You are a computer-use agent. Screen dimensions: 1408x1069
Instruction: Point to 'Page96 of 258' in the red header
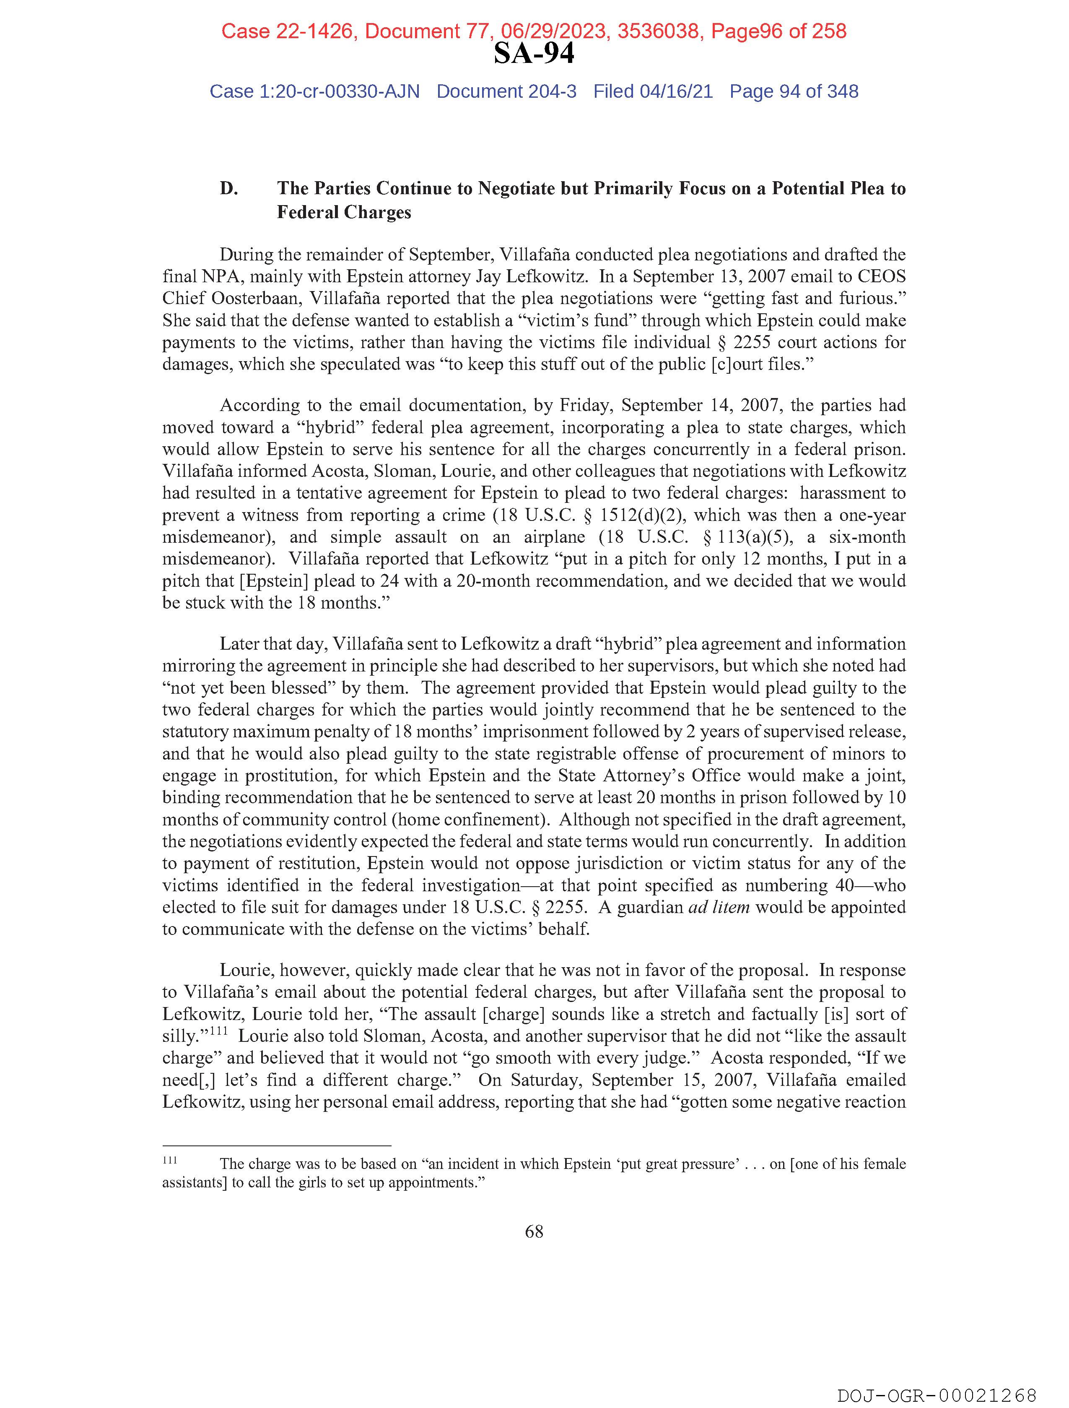coord(779,31)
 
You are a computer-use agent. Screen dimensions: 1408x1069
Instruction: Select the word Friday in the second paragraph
coord(582,406)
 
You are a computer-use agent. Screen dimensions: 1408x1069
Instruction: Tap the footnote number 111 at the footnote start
coord(169,1161)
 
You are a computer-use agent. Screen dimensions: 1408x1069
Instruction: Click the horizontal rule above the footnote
coord(277,1145)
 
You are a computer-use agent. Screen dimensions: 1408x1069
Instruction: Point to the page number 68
coord(534,1232)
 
